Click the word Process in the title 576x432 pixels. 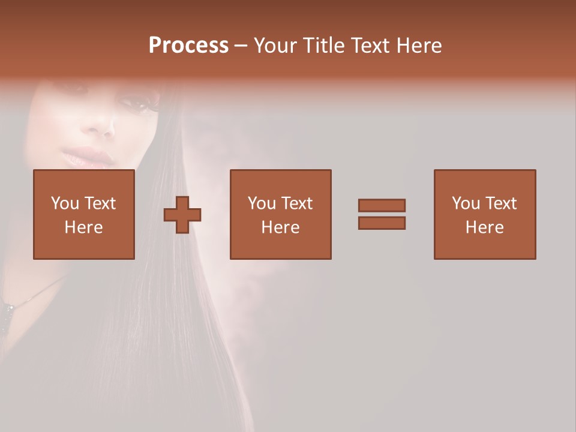click(188, 46)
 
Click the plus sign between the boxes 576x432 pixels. click(182, 215)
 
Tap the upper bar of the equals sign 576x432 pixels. click(382, 205)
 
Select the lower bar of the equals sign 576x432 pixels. click(382, 223)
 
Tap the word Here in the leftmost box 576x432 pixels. click(84, 227)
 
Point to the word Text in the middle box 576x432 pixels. click(297, 203)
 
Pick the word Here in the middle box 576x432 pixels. click(281, 227)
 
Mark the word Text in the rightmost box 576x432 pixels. click(501, 203)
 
